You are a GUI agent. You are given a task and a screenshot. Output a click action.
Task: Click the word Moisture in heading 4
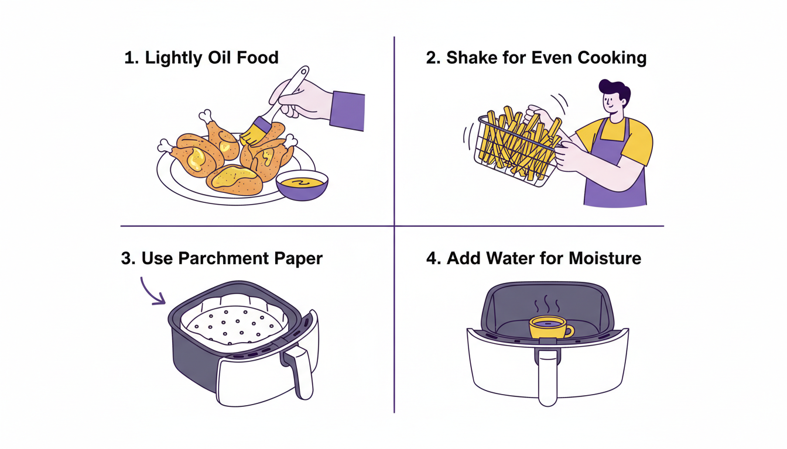click(605, 258)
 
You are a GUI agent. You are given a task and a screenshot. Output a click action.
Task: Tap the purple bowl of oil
click(302, 186)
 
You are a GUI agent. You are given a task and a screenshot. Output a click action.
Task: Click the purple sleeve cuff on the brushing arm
click(347, 110)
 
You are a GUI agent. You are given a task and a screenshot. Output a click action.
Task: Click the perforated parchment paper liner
click(234, 323)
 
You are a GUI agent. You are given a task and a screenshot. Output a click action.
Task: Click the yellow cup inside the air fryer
click(550, 327)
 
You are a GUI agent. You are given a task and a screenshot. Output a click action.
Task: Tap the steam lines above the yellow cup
click(547, 304)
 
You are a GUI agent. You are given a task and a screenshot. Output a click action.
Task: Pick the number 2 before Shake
click(433, 57)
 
